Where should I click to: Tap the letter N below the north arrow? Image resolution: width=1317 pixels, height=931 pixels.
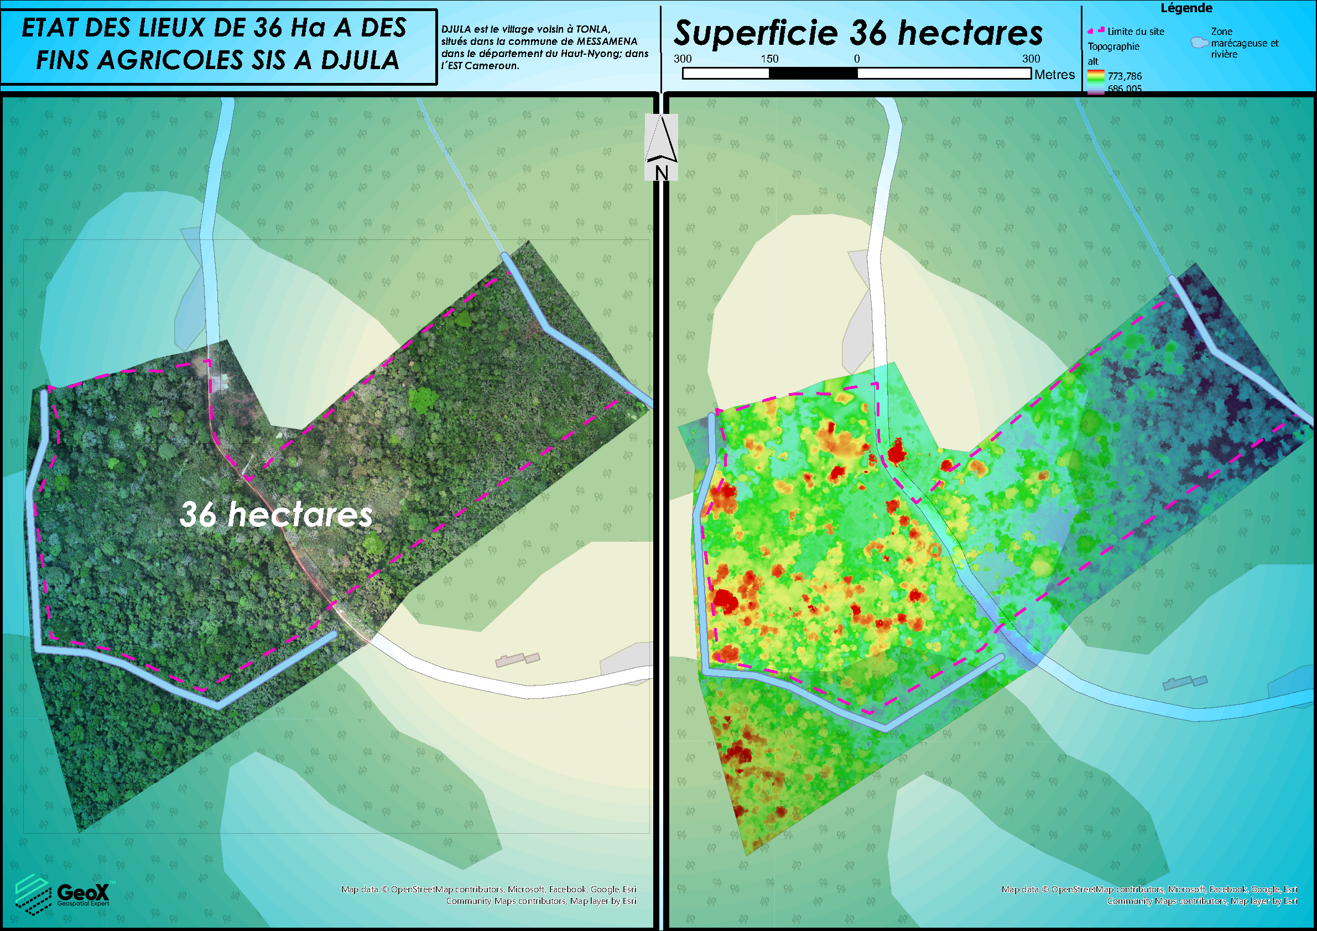pyautogui.click(x=662, y=172)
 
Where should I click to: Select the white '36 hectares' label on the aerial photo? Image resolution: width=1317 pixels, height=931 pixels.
pyautogui.click(x=276, y=514)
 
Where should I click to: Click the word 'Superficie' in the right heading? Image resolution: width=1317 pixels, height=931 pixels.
pyautogui.click(x=756, y=33)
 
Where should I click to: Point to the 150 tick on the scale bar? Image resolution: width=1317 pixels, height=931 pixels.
pyautogui.click(x=769, y=59)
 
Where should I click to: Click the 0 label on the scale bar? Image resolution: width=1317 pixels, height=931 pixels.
pyautogui.click(x=856, y=59)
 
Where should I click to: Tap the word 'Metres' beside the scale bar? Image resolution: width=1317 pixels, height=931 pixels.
pyautogui.click(x=1054, y=75)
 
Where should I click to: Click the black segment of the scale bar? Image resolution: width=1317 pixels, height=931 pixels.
pyautogui.click(x=813, y=74)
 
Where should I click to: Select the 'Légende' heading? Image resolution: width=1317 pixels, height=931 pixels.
pyautogui.click(x=1186, y=8)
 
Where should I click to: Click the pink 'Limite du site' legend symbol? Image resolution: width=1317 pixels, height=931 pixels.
pyautogui.click(x=1096, y=30)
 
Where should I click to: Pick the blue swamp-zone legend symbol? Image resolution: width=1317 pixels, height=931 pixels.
pyautogui.click(x=1199, y=43)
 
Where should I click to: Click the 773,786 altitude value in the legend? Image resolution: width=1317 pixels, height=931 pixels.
pyautogui.click(x=1125, y=76)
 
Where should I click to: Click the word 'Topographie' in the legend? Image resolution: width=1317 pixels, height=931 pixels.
pyautogui.click(x=1113, y=46)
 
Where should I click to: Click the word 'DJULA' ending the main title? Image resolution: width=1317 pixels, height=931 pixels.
pyautogui.click(x=360, y=60)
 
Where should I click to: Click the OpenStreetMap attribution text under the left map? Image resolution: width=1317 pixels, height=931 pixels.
pyautogui.click(x=488, y=889)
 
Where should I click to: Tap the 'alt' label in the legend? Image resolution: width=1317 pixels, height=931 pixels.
pyautogui.click(x=1093, y=61)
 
